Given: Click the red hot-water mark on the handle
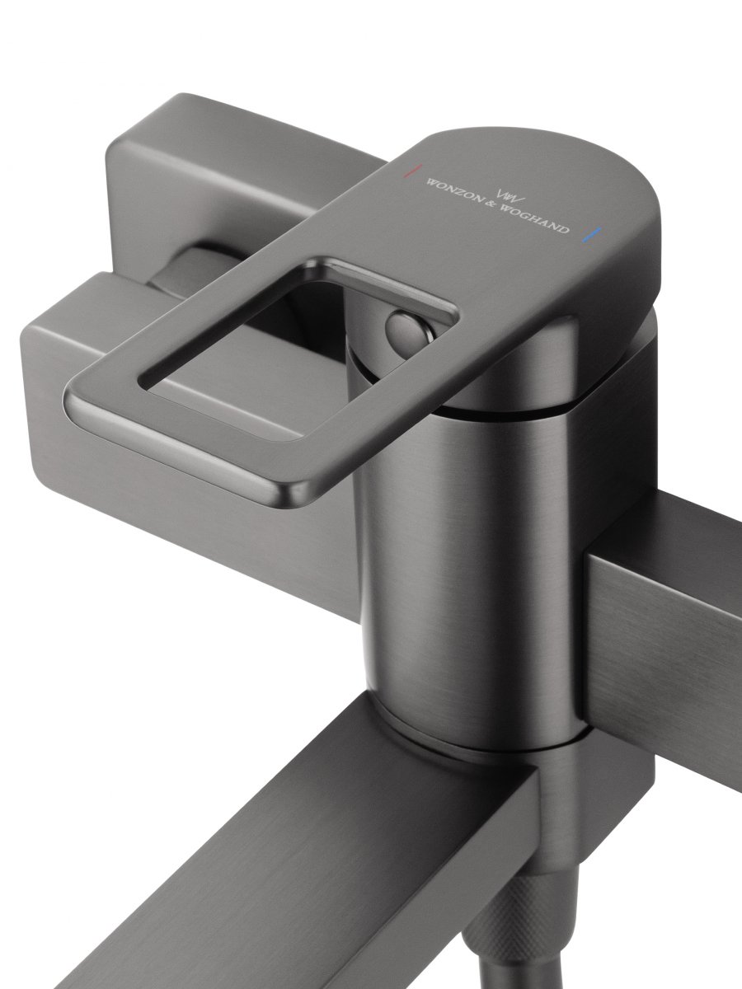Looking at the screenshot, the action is click(412, 171).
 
